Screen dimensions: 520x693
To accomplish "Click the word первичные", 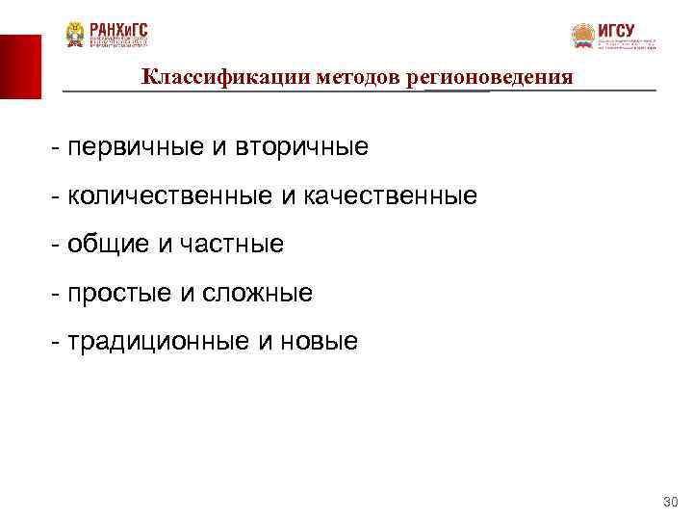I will (135, 147).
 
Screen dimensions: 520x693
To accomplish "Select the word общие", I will (106, 245).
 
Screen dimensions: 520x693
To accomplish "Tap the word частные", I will (230, 245).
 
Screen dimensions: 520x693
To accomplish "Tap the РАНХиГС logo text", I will (118, 28).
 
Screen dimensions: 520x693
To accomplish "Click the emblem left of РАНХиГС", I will (75, 35).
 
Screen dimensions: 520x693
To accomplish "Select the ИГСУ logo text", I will (616, 30).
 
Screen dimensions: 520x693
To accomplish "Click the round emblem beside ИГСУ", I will (582, 37).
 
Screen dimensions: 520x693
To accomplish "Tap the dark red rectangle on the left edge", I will (20, 66).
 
